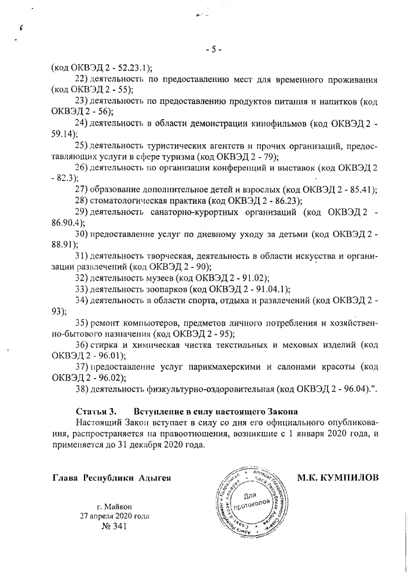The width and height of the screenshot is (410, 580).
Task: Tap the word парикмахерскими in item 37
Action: [225, 367]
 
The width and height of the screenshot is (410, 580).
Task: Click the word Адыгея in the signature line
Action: [157, 478]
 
